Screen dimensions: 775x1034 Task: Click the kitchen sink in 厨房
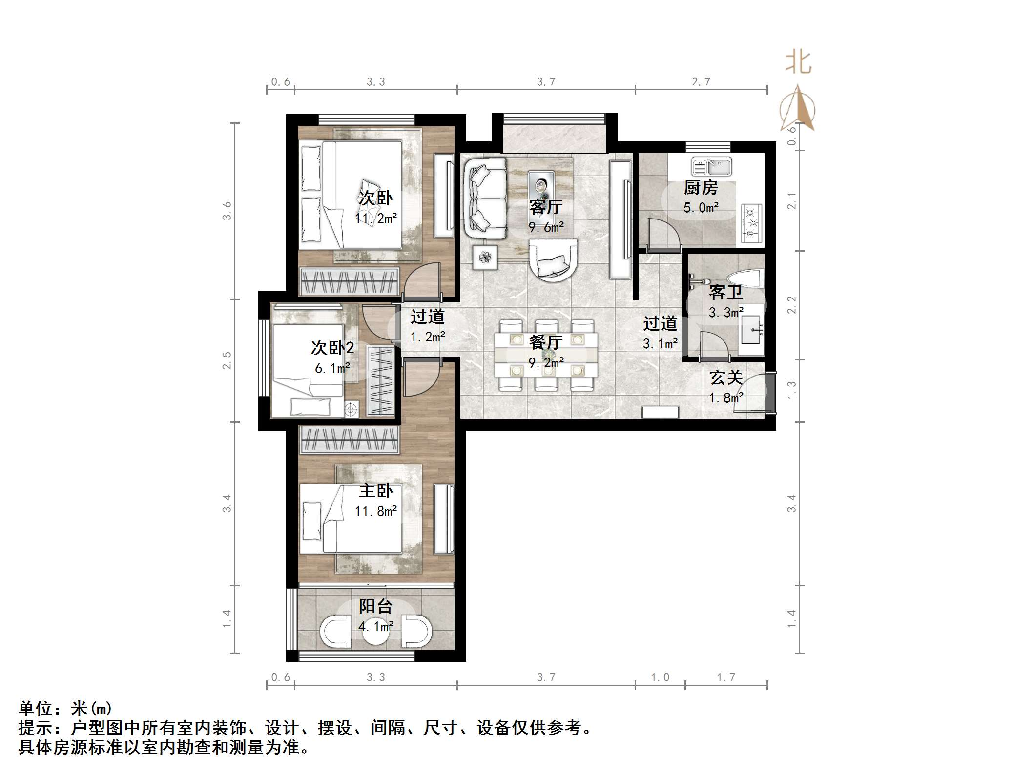(711, 167)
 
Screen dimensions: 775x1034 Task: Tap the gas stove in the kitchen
(751, 223)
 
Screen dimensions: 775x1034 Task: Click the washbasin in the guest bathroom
(750, 329)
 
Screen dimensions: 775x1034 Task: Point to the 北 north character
(798, 63)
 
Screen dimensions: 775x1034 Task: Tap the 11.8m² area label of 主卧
(375, 511)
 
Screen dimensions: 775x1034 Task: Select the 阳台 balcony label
(375, 606)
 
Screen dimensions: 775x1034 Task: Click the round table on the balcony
(376, 632)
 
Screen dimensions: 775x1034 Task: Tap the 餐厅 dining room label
(546, 342)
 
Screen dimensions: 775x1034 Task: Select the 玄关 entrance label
(726, 378)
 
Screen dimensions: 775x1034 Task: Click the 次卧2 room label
(332, 348)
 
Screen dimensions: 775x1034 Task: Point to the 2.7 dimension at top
(701, 82)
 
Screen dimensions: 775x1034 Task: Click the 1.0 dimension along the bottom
(660, 677)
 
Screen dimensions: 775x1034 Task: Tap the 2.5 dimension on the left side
(227, 360)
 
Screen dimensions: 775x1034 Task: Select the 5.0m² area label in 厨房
(701, 208)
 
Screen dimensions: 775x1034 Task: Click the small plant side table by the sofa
(485, 257)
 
